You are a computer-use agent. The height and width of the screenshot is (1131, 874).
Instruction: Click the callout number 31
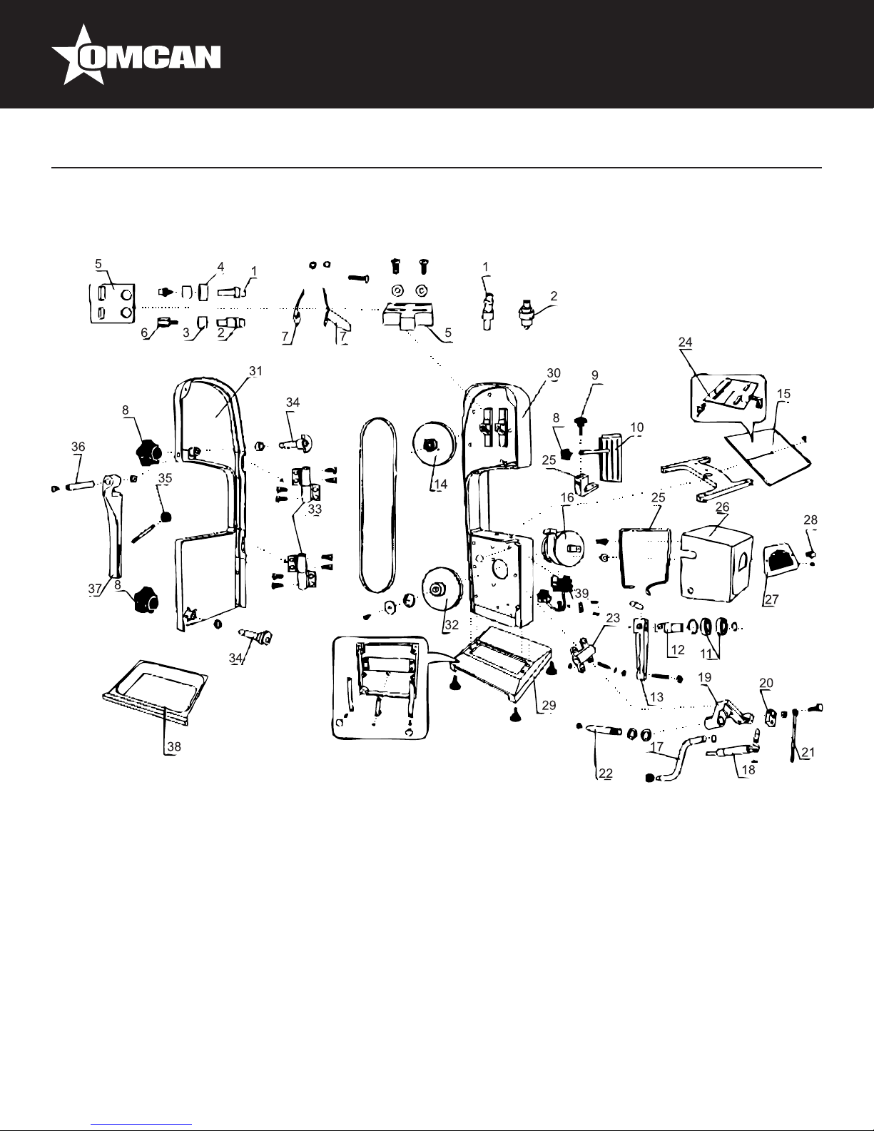[256, 370]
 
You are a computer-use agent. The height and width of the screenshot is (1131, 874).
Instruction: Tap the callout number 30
[554, 373]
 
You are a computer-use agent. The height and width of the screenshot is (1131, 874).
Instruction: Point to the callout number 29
[549, 705]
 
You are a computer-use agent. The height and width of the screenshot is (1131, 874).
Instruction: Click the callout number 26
[722, 507]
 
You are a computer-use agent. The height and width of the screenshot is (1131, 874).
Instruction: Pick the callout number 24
[686, 342]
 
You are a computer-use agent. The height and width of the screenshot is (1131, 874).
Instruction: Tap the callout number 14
[441, 484]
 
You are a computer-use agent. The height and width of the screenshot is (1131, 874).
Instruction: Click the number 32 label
[452, 623]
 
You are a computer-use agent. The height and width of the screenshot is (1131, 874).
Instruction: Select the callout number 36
[78, 446]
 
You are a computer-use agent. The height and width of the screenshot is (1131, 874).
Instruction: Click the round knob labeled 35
[166, 516]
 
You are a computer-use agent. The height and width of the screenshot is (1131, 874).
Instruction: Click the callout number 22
[606, 773]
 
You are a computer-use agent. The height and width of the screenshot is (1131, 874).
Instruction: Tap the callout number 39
[582, 594]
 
